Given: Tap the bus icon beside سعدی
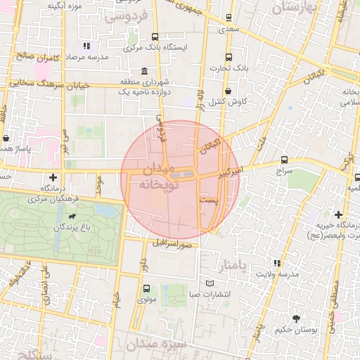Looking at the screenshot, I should [x=228, y=19].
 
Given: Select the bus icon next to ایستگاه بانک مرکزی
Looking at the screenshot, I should [x=155, y=37].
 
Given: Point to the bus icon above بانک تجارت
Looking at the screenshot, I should [x=228, y=58].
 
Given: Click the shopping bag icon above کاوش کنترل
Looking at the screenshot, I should [x=229, y=91].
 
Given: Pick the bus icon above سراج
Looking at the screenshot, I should [x=284, y=160].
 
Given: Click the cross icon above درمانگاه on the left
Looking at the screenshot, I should [x=53, y=177].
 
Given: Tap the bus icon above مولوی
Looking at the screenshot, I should [x=146, y=288].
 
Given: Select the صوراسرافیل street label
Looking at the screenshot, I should [x=172, y=243].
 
